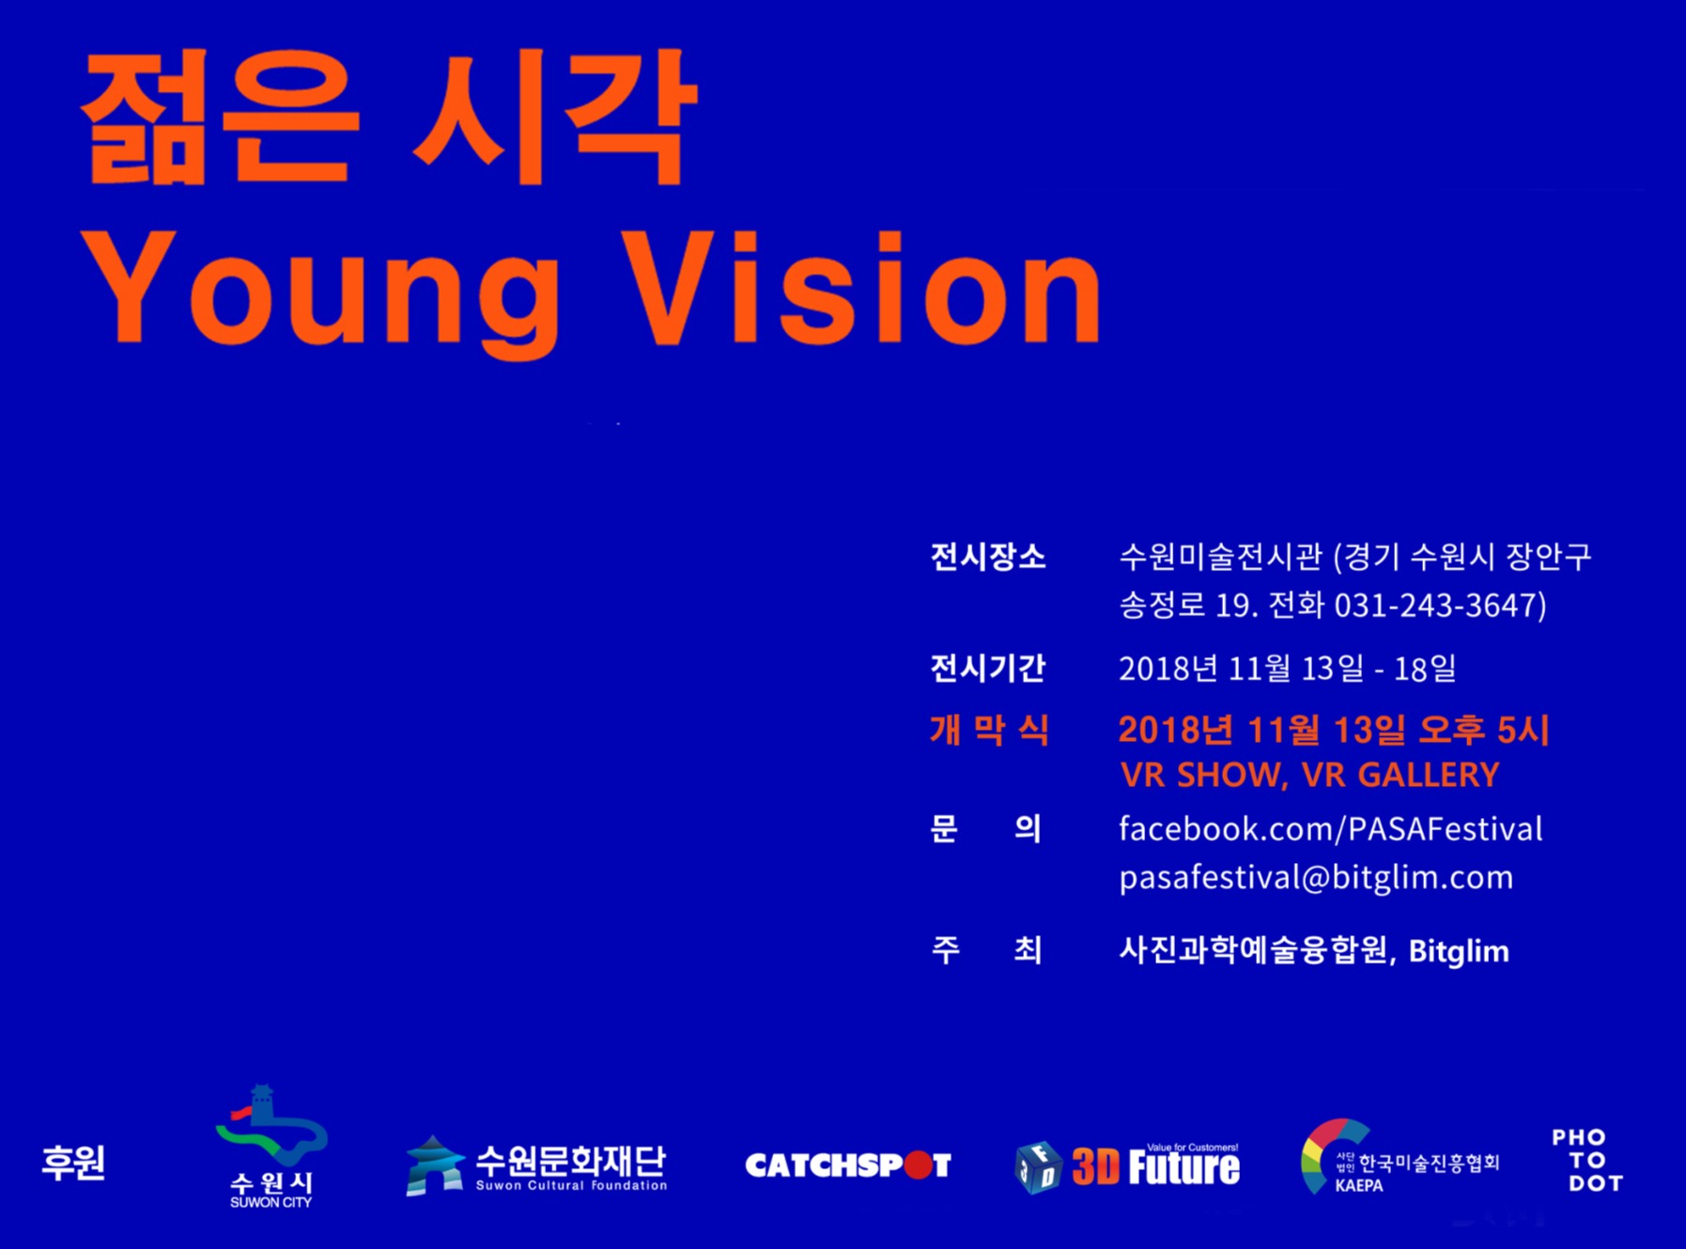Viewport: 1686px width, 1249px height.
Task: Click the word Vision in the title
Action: point(862,286)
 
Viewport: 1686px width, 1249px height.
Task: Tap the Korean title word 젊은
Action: point(220,116)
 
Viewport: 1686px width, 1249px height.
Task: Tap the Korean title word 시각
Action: point(555,116)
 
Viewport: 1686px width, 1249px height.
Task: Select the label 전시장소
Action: point(987,557)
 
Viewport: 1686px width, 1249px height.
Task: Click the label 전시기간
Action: point(987,668)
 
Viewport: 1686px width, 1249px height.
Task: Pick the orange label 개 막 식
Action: point(989,730)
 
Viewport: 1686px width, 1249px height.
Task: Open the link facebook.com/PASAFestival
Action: point(1330,828)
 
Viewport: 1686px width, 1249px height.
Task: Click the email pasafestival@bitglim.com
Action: point(1316,877)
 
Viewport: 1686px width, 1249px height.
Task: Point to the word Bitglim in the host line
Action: point(1459,951)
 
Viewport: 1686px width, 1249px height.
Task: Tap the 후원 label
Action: point(73,1163)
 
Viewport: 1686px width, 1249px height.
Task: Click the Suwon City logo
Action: point(271,1147)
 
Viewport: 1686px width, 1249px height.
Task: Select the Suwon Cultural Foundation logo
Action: point(536,1165)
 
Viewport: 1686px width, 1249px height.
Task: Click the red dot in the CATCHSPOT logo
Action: point(918,1165)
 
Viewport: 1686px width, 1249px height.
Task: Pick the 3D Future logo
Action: point(1127,1166)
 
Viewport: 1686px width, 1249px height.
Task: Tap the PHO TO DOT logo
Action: point(1586,1161)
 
